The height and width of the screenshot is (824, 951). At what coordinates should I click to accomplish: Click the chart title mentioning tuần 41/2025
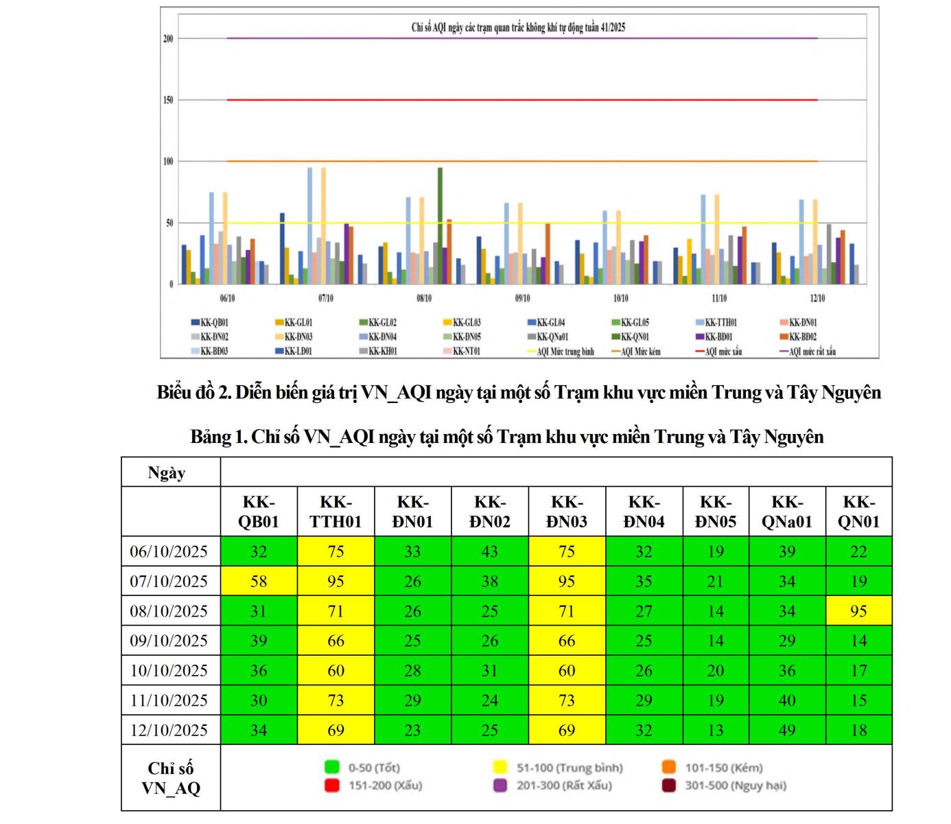click(518, 27)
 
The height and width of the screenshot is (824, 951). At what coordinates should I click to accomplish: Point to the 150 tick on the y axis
click(168, 100)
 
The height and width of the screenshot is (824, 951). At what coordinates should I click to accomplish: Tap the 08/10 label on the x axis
click(424, 298)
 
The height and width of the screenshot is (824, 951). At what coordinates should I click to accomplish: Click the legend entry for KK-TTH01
click(721, 322)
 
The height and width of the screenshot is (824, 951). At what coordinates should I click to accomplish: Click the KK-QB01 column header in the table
click(259, 512)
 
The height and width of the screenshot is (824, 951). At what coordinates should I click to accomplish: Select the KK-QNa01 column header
click(786, 512)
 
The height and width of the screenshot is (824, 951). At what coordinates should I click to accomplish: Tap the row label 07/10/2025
click(169, 581)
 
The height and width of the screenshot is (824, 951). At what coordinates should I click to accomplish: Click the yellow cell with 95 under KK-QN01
click(858, 610)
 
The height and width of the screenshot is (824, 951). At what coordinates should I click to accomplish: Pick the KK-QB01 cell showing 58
click(259, 581)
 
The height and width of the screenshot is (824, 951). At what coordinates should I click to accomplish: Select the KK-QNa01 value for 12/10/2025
click(786, 730)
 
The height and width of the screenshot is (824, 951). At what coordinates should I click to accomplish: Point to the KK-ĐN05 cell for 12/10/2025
click(716, 730)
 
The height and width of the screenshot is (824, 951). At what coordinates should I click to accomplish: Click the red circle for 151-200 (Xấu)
click(332, 785)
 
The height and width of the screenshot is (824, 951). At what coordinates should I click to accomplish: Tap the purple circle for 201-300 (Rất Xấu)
click(500, 785)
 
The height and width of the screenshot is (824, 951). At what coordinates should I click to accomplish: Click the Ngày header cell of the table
click(167, 472)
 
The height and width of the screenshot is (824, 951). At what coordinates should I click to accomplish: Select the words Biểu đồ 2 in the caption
click(195, 393)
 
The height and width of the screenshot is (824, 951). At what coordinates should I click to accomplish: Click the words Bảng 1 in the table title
click(218, 437)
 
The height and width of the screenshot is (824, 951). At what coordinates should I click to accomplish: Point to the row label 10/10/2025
click(169, 670)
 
